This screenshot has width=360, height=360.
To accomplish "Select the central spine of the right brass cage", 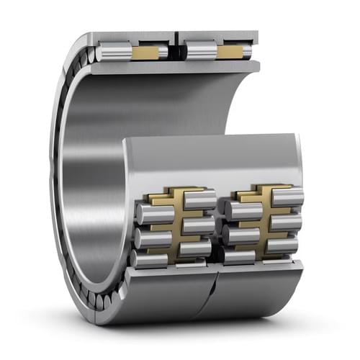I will (263, 220).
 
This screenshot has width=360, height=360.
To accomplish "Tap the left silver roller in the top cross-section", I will (114, 52).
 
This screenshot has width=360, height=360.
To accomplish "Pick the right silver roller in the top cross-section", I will (201, 52).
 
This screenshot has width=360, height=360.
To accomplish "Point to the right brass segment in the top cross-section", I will (232, 52).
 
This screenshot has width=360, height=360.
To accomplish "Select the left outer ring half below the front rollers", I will (169, 292).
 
